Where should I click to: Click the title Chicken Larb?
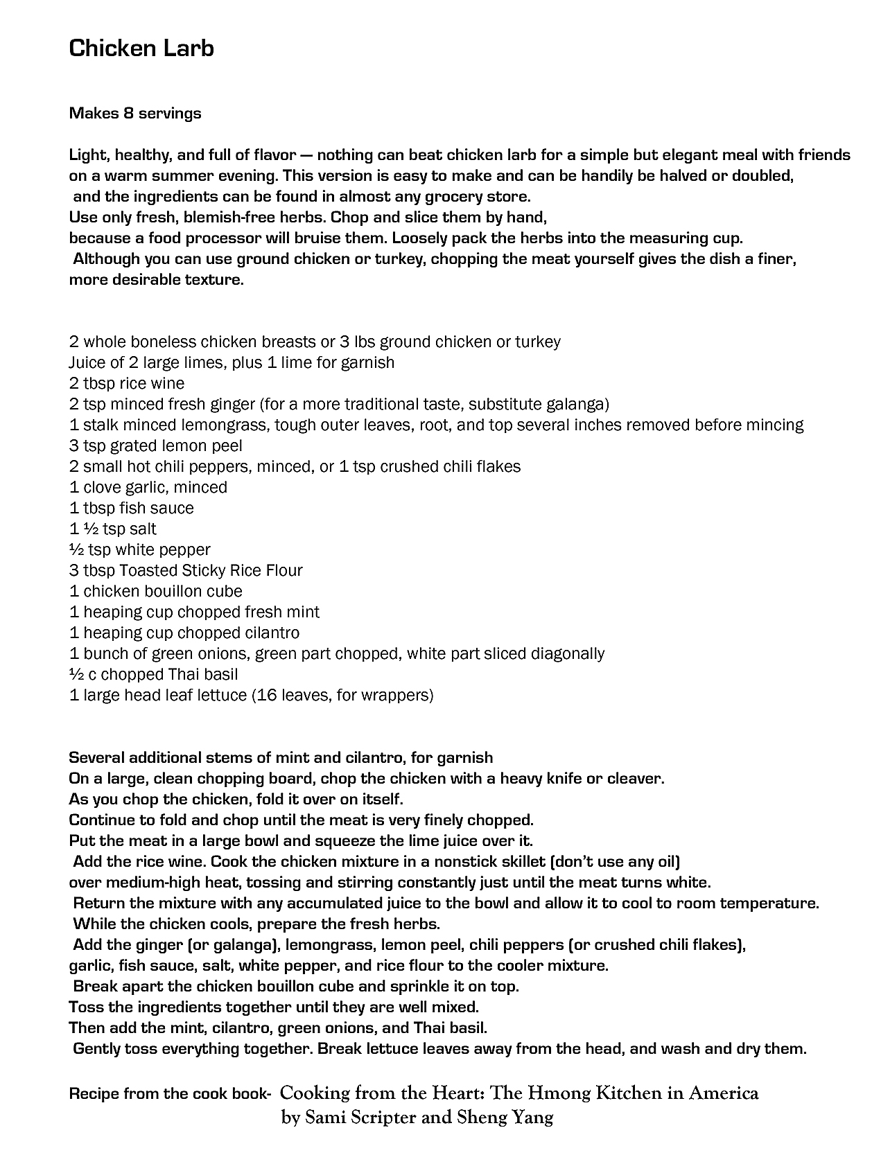pos(141,48)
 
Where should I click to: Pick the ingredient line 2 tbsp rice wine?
pos(127,383)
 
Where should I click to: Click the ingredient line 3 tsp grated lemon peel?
pos(156,446)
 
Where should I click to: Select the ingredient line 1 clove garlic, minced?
pos(148,487)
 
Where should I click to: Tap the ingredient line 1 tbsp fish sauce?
pos(132,508)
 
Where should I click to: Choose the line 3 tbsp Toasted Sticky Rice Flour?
pos(186,570)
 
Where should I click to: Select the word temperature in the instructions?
pos(769,903)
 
